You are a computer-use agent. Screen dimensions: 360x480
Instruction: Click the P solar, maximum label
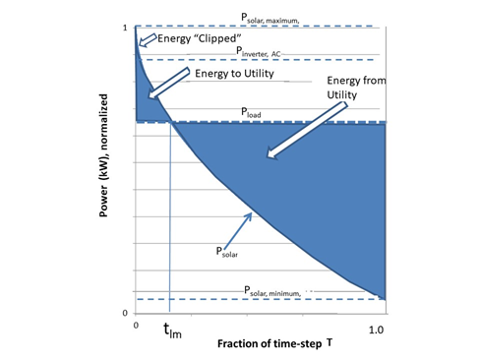pos(274,18)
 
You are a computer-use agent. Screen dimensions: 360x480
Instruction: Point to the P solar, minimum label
pos(272,291)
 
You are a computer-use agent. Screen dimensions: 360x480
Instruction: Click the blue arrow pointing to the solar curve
pos(240,227)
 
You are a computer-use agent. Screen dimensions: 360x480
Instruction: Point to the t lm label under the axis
pos(171,331)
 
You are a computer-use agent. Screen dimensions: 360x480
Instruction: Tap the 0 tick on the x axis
pos(136,326)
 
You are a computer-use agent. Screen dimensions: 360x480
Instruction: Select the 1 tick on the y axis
pos(124,28)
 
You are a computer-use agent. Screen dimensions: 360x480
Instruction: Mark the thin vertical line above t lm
pos(170,216)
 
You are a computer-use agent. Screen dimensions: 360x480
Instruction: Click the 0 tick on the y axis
pos(124,313)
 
